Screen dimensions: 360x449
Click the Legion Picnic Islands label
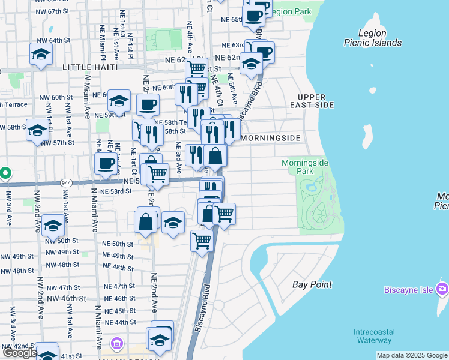[x=372, y=38]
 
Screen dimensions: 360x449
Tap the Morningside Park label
[x=297, y=167]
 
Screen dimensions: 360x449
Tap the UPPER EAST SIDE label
[x=316, y=101]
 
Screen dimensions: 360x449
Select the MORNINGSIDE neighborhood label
[x=270, y=138]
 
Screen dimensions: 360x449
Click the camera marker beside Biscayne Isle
[x=442, y=290]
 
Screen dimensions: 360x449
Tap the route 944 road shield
[x=66, y=181]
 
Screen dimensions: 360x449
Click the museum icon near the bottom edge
[x=117, y=345]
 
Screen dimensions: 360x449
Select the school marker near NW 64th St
[x=41, y=54]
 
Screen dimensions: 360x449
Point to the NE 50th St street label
[x=118, y=244]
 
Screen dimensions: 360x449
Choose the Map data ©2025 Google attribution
[x=412, y=356]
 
